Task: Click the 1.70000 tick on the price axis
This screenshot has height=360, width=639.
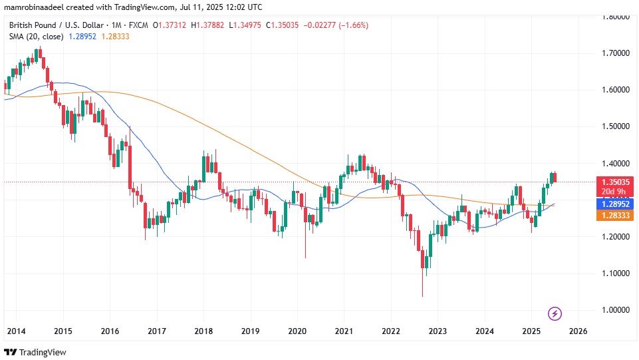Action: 616,53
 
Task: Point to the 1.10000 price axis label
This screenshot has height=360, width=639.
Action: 616,273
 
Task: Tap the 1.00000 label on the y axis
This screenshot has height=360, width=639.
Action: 616,310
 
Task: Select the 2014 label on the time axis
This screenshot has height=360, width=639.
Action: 16,331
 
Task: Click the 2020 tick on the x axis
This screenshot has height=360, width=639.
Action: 297,331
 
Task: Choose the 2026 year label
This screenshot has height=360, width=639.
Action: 578,331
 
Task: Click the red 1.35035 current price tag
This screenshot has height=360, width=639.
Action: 616,181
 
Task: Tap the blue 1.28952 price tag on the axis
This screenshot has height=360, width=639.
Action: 616,204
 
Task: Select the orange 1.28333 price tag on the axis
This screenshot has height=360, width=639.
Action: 616,215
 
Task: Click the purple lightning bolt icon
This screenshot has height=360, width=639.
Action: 555,313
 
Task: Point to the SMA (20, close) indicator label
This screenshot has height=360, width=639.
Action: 36,36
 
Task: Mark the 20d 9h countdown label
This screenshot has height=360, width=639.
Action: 616,191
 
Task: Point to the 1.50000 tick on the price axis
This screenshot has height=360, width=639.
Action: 616,126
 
